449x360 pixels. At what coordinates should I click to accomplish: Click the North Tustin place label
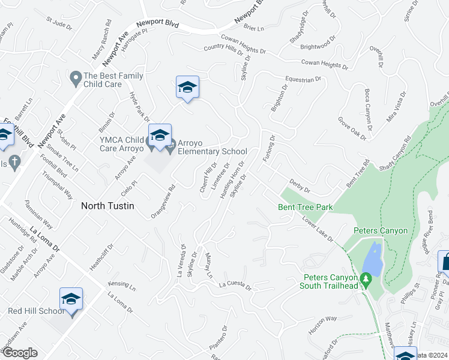pyautogui.click(x=107, y=205)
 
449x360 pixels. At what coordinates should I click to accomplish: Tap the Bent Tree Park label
pyautogui.click(x=305, y=208)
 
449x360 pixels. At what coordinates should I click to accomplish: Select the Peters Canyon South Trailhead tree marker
pyautogui.click(x=364, y=278)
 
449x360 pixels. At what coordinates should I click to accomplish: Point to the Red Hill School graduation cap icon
pyautogui.click(x=71, y=299)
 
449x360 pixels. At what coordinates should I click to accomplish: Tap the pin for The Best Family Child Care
pyautogui.click(x=76, y=78)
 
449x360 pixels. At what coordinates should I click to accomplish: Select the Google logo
pyautogui.click(x=20, y=353)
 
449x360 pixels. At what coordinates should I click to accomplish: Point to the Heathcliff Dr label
pyautogui.click(x=101, y=257)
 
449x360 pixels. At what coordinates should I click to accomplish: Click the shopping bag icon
pyautogui.click(x=445, y=262)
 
